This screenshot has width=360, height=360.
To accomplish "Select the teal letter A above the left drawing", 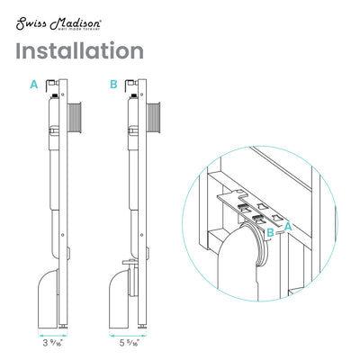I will pos(33,84).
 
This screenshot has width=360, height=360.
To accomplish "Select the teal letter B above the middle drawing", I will pos(113,84).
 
